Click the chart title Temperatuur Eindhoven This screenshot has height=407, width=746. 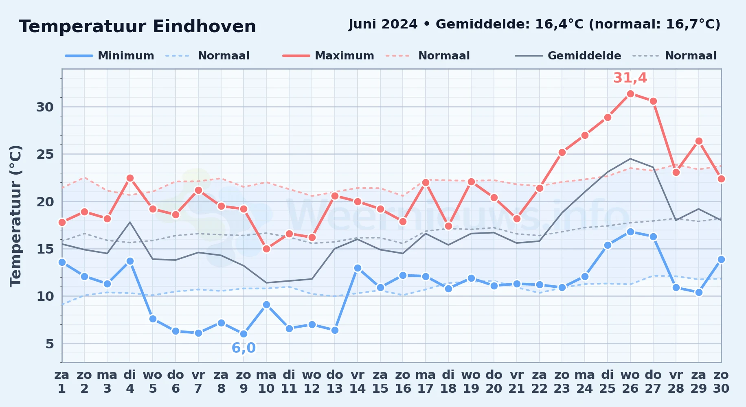pos(137,26)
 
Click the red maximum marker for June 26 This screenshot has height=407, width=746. pos(630,94)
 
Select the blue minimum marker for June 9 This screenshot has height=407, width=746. pos(244,334)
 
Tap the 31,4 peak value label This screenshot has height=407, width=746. pos(630,77)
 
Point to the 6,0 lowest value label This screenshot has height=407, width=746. pos(244,348)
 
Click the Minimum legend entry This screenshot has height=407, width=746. pos(110,56)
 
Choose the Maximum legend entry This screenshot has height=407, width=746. pos(329,56)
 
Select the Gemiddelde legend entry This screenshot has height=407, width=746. pos(568,56)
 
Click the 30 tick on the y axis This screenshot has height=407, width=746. pos(45,107)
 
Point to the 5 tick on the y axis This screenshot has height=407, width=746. pos(50,344)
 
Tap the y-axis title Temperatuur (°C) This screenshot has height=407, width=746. pos(15,216)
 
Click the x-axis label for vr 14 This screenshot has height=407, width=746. pos(358,382)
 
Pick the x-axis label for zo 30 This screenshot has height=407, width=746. pos(721,382)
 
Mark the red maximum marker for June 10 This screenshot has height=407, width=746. pos(266,249)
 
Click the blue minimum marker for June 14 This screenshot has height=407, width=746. pos(358,268)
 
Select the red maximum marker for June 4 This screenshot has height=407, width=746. pos(130,178)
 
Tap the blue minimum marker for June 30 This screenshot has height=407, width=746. pos(721,259)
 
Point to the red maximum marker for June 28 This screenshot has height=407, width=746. pos(676,172)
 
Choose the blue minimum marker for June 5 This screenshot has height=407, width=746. pos(153,319)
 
